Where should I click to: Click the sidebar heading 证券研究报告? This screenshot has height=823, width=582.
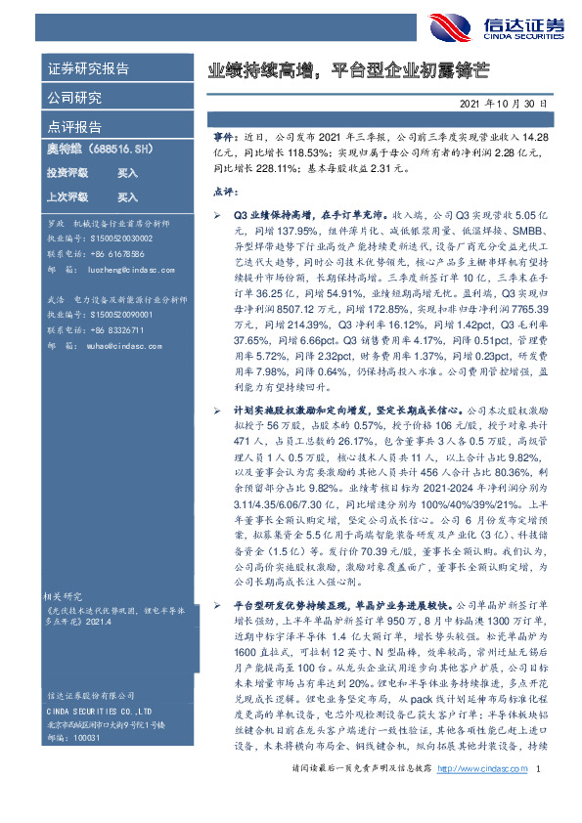88,69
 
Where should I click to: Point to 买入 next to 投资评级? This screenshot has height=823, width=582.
127,173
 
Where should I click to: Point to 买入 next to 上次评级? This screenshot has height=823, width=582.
127,197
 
